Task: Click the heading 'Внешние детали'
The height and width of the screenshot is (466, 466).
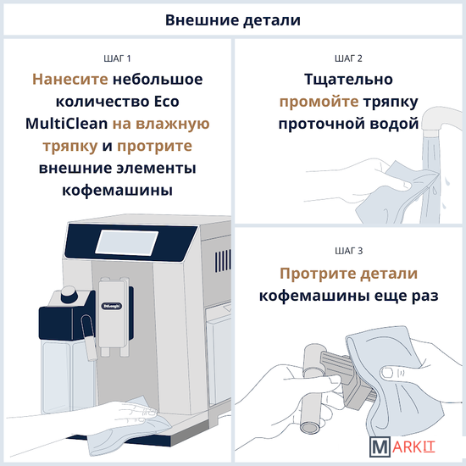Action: [x=233, y=20]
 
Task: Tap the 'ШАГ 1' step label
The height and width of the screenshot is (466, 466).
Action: [x=117, y=58]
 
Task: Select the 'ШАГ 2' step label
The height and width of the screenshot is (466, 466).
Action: [x=348, y=58]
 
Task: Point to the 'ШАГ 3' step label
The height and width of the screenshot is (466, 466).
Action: [x=348, y=251]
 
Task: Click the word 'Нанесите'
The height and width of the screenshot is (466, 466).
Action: [x=70, y=80]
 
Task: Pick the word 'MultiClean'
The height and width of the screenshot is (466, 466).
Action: [x=67, y=124]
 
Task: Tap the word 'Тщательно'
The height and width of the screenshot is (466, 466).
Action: [x=348, y=80]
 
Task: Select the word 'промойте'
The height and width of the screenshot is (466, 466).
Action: [x=319, y=102]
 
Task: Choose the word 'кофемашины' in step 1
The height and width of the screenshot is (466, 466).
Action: [x=117, y=190]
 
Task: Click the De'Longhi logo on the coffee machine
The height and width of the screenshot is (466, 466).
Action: [x=112, y=306]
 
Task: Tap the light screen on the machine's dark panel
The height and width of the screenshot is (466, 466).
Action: [x=127, y=242]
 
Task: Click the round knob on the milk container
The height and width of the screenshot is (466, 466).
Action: [x=69, y=294]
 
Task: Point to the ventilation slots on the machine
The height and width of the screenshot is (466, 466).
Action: [x=223, y=261]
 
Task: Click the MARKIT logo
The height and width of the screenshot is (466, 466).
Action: [x=402, y=447]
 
